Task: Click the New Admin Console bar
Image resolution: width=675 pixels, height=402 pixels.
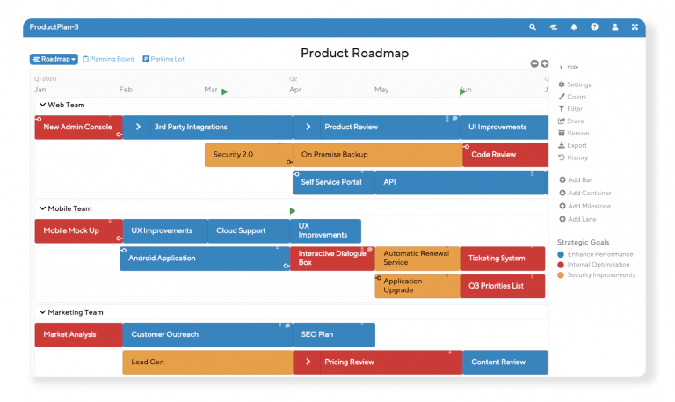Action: coord(77,127)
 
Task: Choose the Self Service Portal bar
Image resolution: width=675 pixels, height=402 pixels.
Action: coord(332,182)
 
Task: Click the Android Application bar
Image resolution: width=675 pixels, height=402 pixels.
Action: coord(204,259)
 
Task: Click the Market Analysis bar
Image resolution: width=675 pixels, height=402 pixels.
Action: coord(77,334)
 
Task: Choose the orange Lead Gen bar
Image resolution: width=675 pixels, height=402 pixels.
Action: coord(207,362)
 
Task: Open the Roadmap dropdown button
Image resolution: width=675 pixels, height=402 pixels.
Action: coord(54,59)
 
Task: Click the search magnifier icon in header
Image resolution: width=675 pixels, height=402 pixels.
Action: coord(533,27)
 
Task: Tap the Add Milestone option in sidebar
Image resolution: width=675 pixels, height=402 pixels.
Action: coord(589,206)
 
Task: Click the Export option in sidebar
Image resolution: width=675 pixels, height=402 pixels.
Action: coord(577,145)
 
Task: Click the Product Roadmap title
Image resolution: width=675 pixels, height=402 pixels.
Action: coord(354,54)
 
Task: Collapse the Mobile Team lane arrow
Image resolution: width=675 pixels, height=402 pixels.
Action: coord(41,208)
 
